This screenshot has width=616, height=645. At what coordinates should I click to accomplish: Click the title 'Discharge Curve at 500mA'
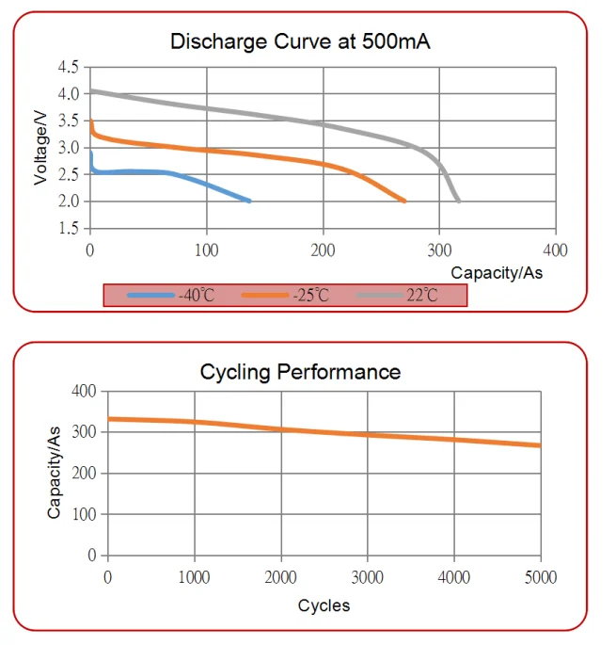pyautogui.click(x=300, y=41)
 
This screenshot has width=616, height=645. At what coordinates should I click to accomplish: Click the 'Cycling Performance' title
pyautogui.click(x=300, y=372)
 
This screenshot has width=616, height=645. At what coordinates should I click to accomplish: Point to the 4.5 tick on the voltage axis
pyautogui.click(x=68, y=68)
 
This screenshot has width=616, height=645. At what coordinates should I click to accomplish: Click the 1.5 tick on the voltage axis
pyautogui.click(x=68, y=229)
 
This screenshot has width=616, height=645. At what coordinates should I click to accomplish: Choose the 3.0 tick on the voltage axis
pyautogui.click(x=68, y=148)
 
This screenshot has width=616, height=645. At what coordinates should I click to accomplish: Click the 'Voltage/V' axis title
pyautogui.click(x=40, y=148)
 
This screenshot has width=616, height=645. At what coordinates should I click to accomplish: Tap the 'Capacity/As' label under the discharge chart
pyautogui.click(x=497, y=272)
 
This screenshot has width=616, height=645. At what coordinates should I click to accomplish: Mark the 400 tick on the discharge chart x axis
pyautogui.click(x=556, y=250)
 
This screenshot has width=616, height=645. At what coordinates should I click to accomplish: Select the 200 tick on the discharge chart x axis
pyautogui.click(x=324, y=250)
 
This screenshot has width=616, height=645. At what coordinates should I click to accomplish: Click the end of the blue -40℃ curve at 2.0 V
pyautogui.click(x=249, y=201)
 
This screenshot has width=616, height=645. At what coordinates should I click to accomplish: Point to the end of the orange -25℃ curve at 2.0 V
pyautogui.click(x=404, y=201)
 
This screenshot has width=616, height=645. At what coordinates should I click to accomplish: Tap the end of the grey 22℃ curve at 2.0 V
pyautogui.click(x=458, y=201)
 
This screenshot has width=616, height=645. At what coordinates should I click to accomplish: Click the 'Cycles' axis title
pyautogui.click(x=324, y=605)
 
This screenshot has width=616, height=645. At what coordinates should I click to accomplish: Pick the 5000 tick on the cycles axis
pyautogui.click(x=541, y=577)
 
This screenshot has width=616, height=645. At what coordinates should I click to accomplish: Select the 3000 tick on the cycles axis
pyautogui.click(x=368, y=577)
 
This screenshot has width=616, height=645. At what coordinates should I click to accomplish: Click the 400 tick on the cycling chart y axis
pyautogui.click(x=86, y=391)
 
